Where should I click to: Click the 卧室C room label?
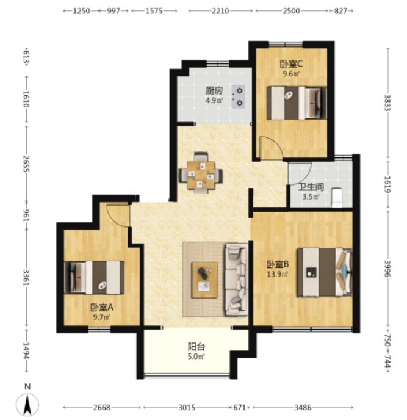coord(291,64)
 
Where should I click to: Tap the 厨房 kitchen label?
coord(214,91)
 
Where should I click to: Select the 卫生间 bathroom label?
coord(311,187)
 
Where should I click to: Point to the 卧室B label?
coord(278,264)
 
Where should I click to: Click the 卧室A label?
coord(102,307)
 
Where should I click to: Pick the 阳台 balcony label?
coord(196,347)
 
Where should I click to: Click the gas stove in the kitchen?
coord(239,96)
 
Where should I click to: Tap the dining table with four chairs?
coord(201,173)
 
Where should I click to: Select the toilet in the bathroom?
coord(337,198)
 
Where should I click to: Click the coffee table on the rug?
coord(204,280)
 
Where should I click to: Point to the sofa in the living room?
coord(236,280)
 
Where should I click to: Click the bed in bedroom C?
coord(297,103)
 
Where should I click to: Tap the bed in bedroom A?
coord(95,278)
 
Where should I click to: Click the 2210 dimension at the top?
coord(220,11)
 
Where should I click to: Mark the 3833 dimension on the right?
coord(387,103)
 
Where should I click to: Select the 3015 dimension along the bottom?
coord(187,407)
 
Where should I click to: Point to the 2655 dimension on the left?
coord(26,164)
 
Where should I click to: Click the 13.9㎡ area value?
coord(278,274)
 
